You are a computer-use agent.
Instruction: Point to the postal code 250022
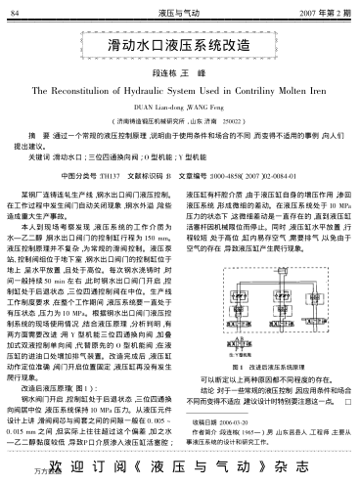(236, 112)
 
